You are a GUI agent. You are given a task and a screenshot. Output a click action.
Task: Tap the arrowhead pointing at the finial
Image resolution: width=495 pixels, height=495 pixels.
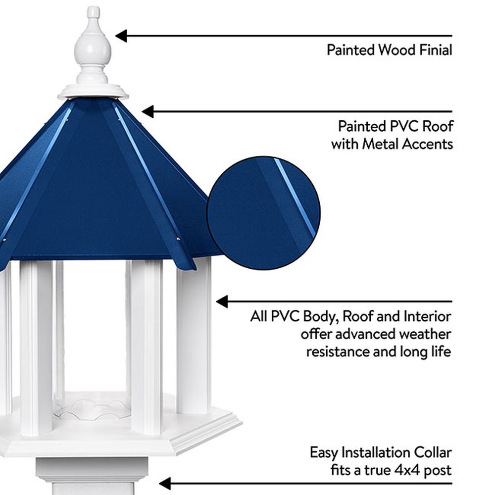(121, 36)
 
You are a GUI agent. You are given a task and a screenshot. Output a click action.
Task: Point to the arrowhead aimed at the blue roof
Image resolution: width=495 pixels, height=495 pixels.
(148, 111)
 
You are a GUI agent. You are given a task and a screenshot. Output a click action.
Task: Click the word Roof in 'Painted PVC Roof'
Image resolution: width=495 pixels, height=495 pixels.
(438, 126)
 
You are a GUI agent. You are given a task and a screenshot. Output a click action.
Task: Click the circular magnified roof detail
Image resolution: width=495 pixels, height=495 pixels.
(264, 213)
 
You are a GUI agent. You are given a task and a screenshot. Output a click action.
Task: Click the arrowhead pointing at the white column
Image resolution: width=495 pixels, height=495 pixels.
(222, 301)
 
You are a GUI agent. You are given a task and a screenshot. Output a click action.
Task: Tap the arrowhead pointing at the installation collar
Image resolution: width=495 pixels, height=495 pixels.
(165, 483)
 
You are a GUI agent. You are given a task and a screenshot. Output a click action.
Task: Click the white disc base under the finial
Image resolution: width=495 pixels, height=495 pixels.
(93, 92)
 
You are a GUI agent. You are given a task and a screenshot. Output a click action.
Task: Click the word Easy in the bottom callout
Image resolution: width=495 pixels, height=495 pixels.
(324, 452)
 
